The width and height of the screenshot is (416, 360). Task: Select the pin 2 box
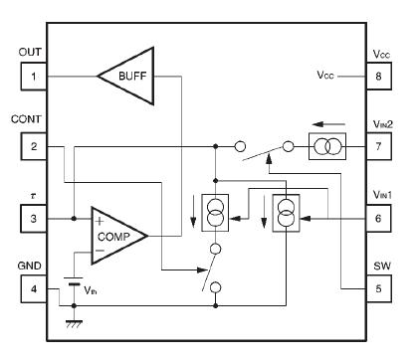click(x=32, y=147)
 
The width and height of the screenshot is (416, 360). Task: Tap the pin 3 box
click(x=32, y=217)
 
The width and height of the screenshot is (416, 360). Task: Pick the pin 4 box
click(x=32, y=288)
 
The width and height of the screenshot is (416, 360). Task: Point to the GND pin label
click(x=31, y=265)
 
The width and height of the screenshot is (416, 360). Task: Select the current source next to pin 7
click(x=326, y=147)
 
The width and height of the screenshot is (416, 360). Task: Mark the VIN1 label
click(x=381, y=194)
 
